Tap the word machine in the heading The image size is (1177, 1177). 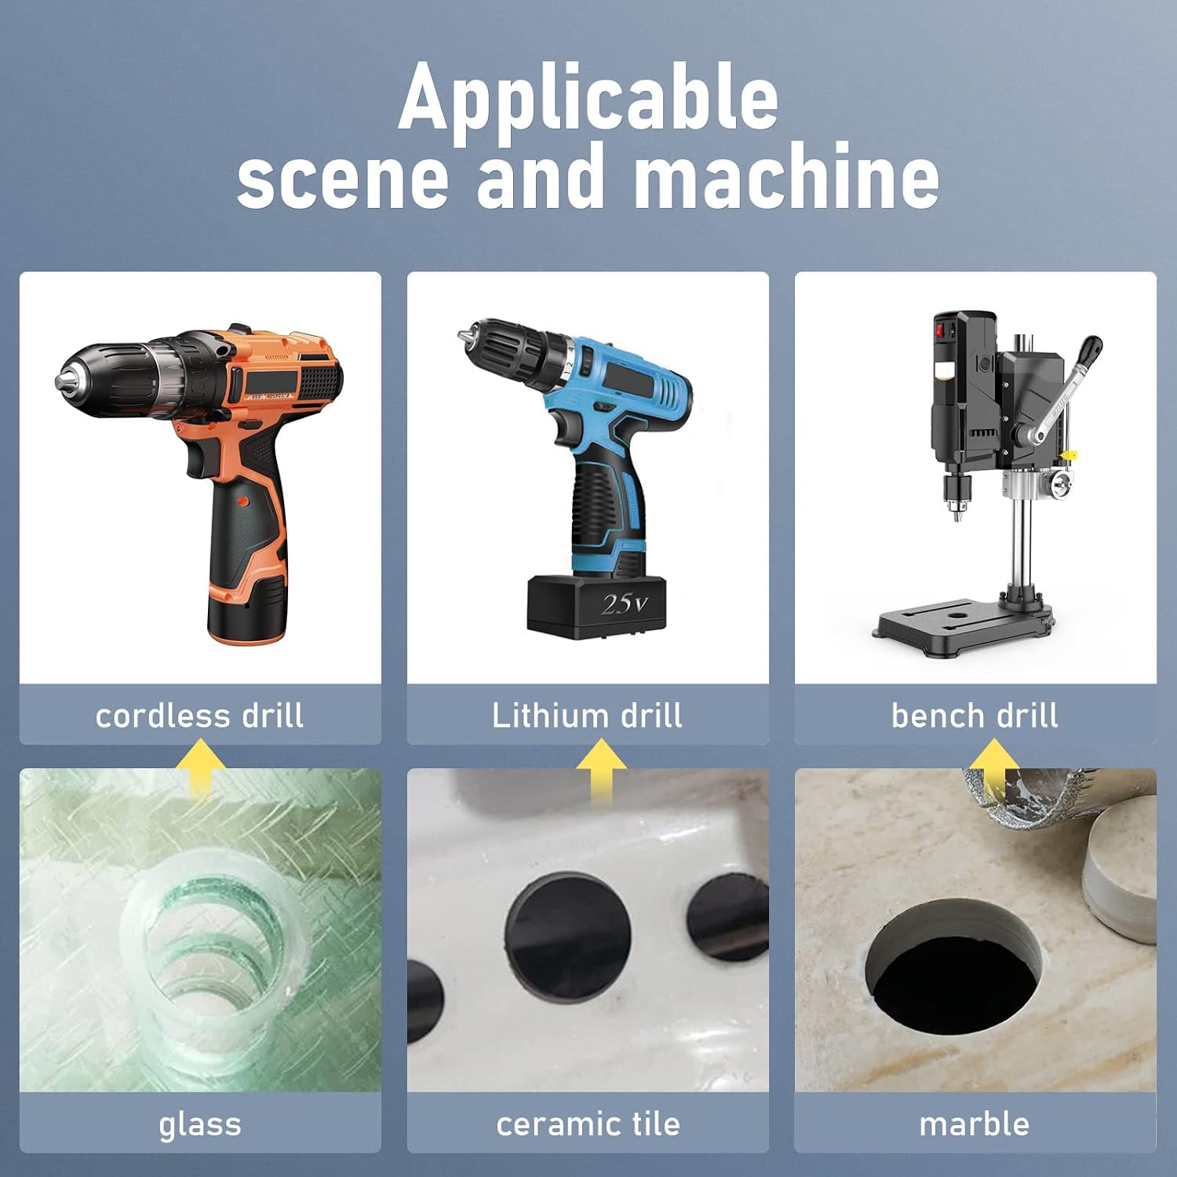pyautogui.click(x=786, y=177)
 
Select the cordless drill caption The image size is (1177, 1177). pyautogui.click(x=199, y=716)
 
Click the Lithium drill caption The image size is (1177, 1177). pyautogui.click(x=587, y=716)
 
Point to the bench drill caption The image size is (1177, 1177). pyautogui.click(x=975, y=716)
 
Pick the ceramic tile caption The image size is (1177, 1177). pyautogui.click(x=588, y=1124)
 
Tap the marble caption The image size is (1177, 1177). pyautogui.click(x=975, y=1124)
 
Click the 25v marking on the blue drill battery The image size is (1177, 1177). pyautogui.click(x=625, y=603)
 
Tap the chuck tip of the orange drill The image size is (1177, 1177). pyautogui.click(x=60, y=383)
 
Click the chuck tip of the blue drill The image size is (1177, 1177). pyautogui.click(x=462, y=335)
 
